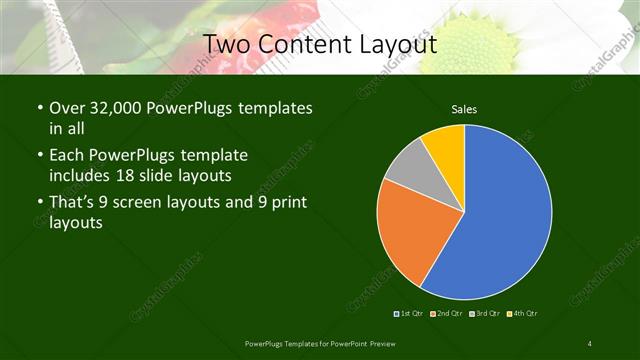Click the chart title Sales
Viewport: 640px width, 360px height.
coord(463,108)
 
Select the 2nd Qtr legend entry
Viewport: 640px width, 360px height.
coord(446,314)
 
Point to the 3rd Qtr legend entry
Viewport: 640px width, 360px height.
coord(485,314)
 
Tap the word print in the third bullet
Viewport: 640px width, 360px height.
coord(286,204)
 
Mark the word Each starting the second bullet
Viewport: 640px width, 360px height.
coord(67,156)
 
